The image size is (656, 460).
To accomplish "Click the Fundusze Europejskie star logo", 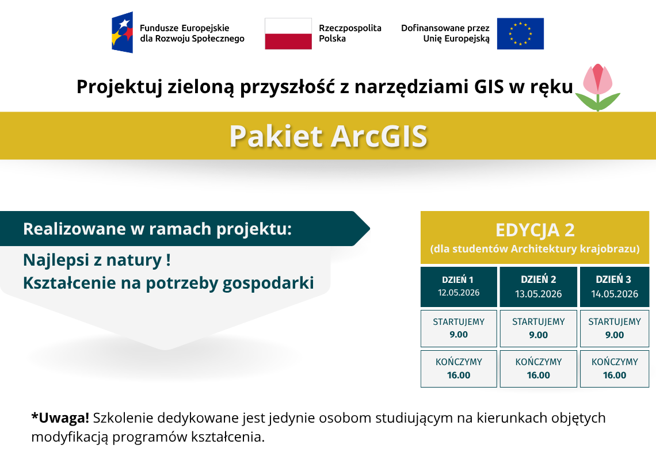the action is [x=122, y=33].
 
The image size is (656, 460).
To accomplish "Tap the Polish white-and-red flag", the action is [x=288, y=33].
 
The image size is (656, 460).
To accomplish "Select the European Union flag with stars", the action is [x=520, y=33].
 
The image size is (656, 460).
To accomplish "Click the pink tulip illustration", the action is [x=598, y=87].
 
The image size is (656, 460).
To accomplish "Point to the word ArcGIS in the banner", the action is [x=379, y=136].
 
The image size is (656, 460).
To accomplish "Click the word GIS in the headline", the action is [x=489, y=87].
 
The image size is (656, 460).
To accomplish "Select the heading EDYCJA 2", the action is [x=535, y=230].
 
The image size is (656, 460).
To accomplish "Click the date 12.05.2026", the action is [x=459, y=293].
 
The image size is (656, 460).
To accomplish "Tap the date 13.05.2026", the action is [x=539, y=294].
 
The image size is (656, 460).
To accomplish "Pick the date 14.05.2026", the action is [x=615, y=294].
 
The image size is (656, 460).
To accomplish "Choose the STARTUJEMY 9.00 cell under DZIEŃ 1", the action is [x=459, y=328].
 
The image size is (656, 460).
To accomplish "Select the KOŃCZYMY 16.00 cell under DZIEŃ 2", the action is [x=539, y=369].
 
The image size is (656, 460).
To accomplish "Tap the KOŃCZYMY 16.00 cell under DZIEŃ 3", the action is [x=615, y=369].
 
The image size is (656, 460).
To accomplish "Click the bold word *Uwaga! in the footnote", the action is [x=60, y=418].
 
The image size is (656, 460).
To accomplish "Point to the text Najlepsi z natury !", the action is [x=97, y=260].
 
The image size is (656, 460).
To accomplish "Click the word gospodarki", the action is [x=268, y=283].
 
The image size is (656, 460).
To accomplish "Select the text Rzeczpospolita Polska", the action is [x=350, y=33].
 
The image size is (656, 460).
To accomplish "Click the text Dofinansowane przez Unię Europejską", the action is [x=445, y=33].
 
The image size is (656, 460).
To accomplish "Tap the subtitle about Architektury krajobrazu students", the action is [x=535, y=249].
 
